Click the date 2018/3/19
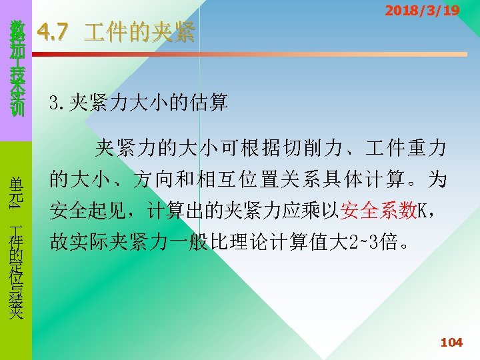[x=422, y=11]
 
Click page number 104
[x=451, y=342]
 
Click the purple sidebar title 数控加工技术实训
[x=17, y=67]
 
